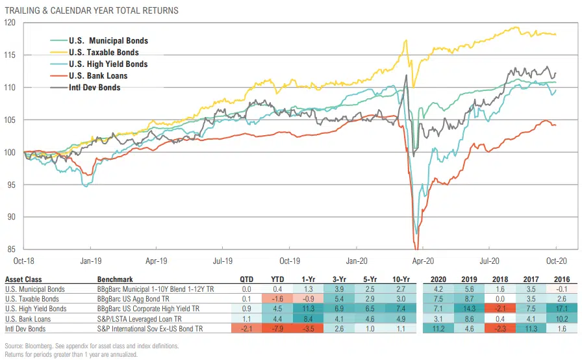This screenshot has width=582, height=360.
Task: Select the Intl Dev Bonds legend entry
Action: pyautogui.click(x=95, y=88)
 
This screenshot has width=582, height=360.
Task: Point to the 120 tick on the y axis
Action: pyautogui.click(x=9, y=22)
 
